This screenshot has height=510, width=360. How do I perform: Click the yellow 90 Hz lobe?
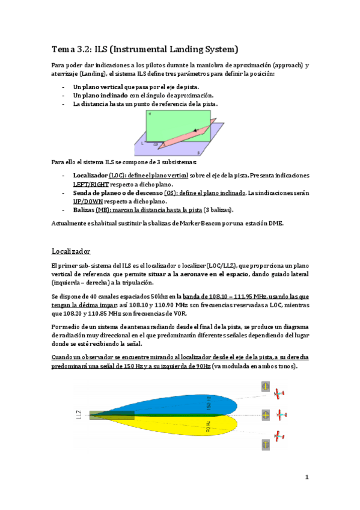[x=186, y=426]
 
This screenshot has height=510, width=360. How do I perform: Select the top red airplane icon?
[x=278, y=393]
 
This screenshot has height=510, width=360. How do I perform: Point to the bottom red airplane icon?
[x=278, y=435]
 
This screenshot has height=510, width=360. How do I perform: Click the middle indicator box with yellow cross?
[x=265, y=415]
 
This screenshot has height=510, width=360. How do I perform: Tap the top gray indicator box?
[x=265, y=387]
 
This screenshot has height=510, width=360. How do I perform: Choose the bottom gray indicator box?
[x=265, y=444]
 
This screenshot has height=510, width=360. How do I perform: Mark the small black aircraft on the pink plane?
[x=195, y=130]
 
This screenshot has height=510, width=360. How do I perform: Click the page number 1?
[x=306, y=478]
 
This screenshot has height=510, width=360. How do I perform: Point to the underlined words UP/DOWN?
[x=88, y=201]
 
